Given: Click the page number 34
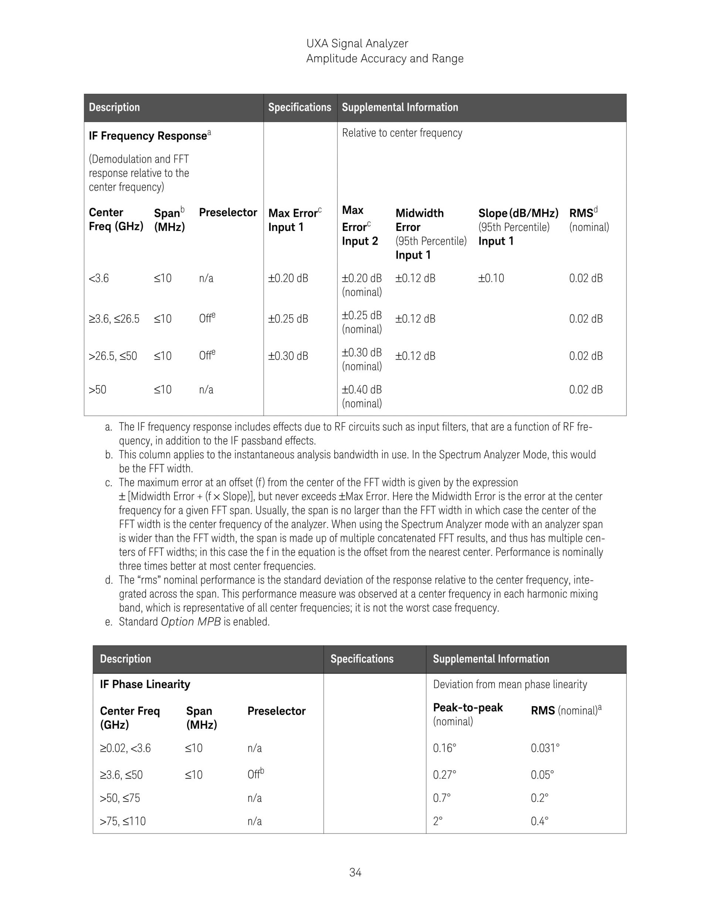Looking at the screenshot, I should pyautogui.click(x=355, y=873).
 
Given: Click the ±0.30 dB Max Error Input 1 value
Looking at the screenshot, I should pyautogui.click(x=288, y=356).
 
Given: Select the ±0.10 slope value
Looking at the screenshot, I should pyautogui.click(x=491, y=278).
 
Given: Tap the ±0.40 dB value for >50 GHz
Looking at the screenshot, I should pyautogui.click(x=362, y=390).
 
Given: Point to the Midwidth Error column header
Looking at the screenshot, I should pyautogui.click(x=419, y=213).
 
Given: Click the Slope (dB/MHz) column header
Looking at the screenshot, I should pyautogui.click(x=518, y=213).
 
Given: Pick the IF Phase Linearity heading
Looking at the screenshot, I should pyautogui.click(x=145, y=684).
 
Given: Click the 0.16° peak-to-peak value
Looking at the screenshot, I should pyautogui.click(x=444, y=748).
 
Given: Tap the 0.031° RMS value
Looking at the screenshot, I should pyautogui.click(x=545, y=748).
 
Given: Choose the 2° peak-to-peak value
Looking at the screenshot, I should pyautogui.click(x=437, y=821).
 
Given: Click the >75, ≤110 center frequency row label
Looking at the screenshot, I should pyautogui.click(x=122, y=821).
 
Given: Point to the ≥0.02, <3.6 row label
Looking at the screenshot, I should pyautogui.click(x=125, y=748).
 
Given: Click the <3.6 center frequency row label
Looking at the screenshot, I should pyautogui.click(x=98, y=278).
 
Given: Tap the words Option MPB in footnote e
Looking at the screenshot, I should pyautogui.click(x=190, y=622).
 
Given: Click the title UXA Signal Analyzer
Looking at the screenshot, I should pyautogui.click(x=357, y=43).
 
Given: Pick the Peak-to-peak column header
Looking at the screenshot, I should pyautogui.click(x=468, y=708).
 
